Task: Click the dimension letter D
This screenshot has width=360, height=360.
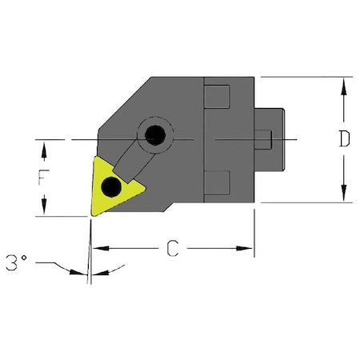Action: tap(343, 139)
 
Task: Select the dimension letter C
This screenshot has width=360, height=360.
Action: tap(171, 249)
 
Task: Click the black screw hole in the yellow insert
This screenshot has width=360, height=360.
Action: tap(112, 190)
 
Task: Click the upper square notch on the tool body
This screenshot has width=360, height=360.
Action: tap(218, 97)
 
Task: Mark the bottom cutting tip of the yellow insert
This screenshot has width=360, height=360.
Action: tap(90, 214)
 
